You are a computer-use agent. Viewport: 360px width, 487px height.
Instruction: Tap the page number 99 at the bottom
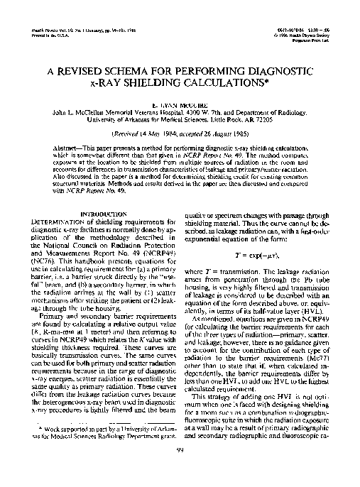(x=180, y=470)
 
